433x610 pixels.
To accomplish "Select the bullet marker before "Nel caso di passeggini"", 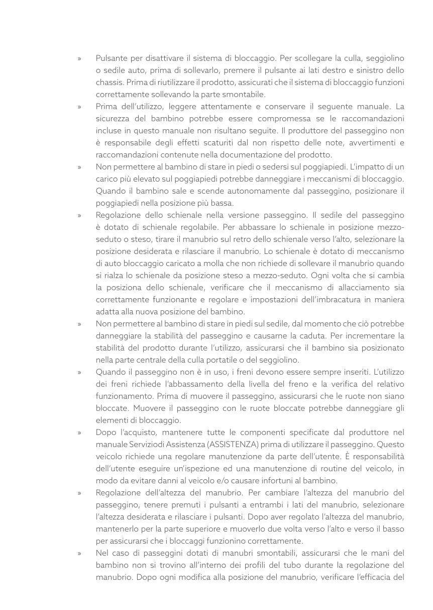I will click(79, 553).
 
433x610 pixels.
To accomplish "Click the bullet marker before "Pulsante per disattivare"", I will click(79, 58).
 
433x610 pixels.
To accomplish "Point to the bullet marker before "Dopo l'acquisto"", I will click(79, 432).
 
